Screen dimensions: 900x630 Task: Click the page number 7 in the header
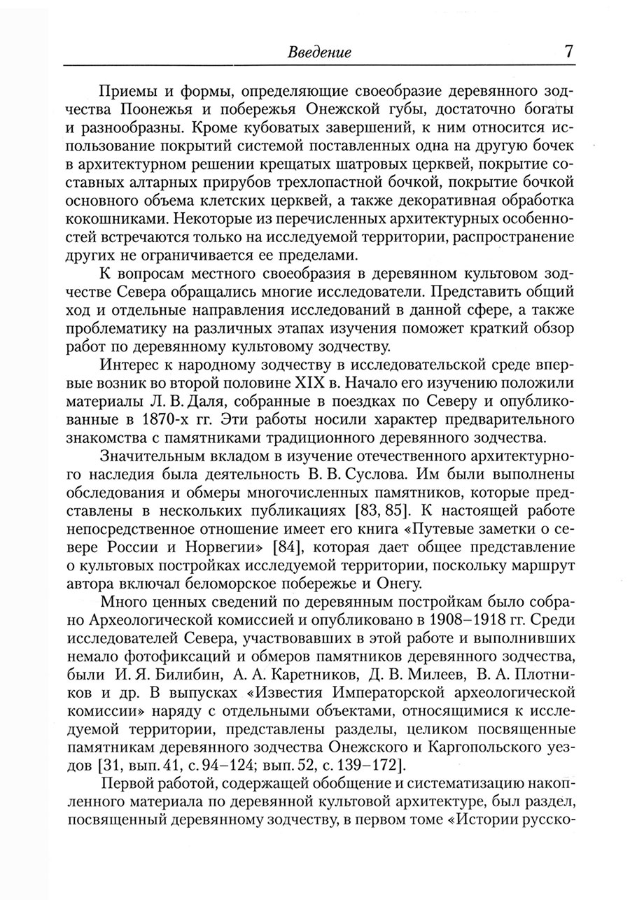point(568,51)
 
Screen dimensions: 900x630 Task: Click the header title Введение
point(319,52)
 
